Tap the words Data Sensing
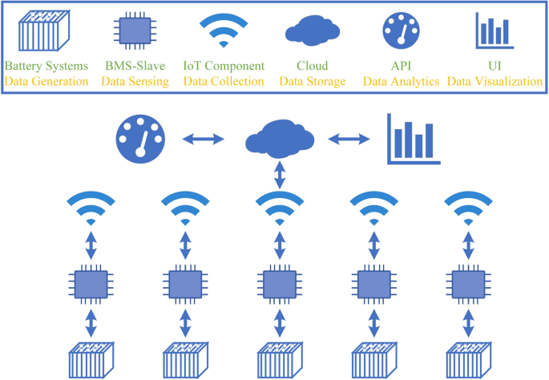[135, 81]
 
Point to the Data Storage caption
[313, 81]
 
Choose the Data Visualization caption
[494, 81]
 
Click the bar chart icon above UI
[493, 30]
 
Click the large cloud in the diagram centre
[280, 138]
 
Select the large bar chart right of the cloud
[412, 139]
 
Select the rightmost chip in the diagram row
[467, 283]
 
